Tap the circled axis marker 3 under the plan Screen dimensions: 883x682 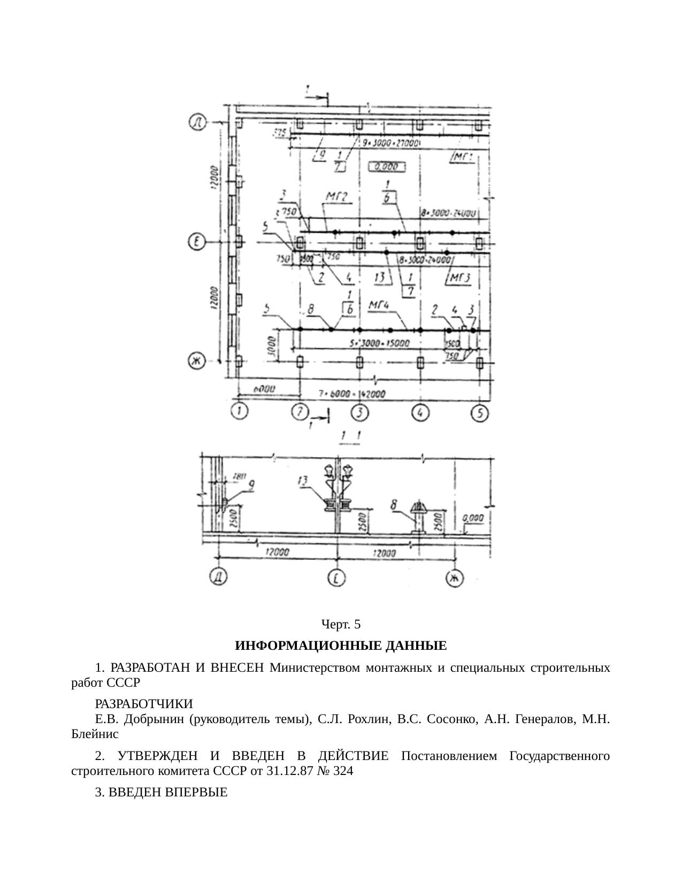click(x=360, y=412)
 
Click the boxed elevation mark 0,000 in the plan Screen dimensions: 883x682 click(x=386, y=167)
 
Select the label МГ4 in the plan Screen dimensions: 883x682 click(x=379, y=305)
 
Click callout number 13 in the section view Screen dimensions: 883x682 click(x=303, y=481)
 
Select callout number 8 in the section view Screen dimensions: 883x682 click(x=394, y=504)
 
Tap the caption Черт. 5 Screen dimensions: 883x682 click(x=341, y=624)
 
